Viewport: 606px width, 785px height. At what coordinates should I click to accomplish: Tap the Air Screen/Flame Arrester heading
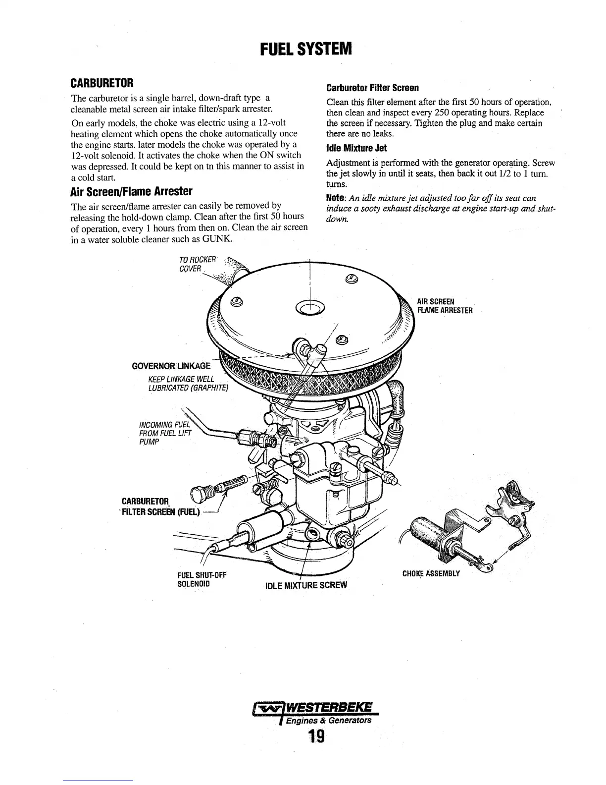[x=132, y=191]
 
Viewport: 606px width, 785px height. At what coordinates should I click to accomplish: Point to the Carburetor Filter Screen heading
[x=372, y=88]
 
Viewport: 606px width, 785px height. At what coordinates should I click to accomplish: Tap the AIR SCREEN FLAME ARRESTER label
[x=444, y=306]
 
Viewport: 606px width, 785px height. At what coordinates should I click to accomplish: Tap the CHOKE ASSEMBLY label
[x=431, y=573]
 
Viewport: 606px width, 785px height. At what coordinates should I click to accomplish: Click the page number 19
[x=315, y=737]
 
